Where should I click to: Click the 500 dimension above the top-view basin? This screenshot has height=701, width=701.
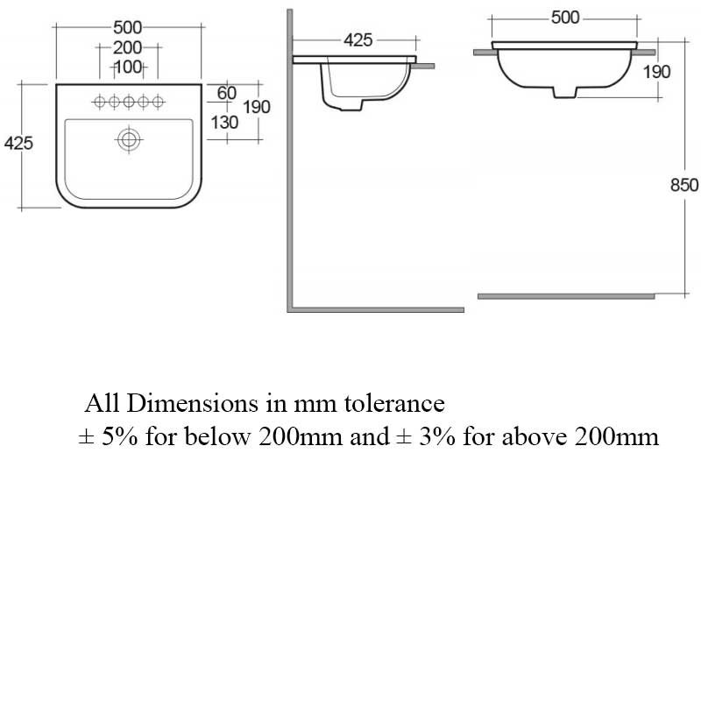[x=127, y=28]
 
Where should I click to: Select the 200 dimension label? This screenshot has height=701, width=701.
[x=127, y=47]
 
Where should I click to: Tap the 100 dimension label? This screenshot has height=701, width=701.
[x=128, y=67]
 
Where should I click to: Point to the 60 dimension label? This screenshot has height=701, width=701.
[x=227, y=93]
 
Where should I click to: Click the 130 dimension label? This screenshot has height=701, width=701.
[x=224, y=122]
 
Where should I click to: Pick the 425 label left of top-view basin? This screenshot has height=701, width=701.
[x=18, y=143]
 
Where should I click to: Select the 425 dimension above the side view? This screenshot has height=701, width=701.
[x=358, y=40]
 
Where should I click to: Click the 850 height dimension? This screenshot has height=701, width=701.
[x=684, y=185]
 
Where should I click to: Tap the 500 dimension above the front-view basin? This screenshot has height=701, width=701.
[x=565, y=18]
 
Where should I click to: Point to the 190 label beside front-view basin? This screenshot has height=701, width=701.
[x=656, y=72]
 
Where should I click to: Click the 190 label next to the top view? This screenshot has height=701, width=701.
[x=257, y=107]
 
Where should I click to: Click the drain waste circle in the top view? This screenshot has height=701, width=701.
[x=129, y=139]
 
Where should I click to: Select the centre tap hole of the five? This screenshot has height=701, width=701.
[x=129, y=102]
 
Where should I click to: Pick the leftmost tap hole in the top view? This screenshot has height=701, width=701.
[x=100, y=102]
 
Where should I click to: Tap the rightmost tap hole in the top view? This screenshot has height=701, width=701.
[x=158, y=102]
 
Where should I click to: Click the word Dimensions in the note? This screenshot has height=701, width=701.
[x=193, y=403]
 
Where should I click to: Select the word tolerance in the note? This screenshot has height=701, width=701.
[x=394, y=403]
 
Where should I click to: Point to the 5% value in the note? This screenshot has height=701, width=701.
[x=120, y=436]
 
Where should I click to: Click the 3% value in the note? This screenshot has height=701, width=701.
[x=437, y=436]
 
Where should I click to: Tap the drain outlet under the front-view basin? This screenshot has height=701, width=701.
[x=565, y=92]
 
